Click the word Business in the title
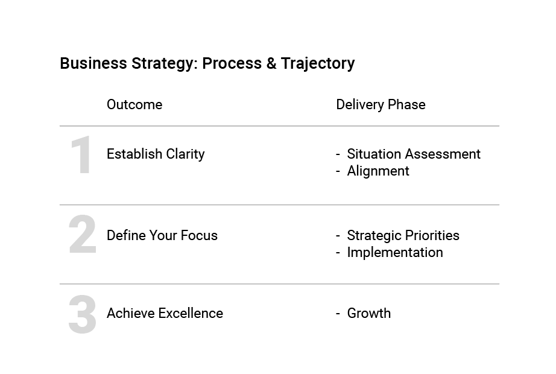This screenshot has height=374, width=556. [93, 63]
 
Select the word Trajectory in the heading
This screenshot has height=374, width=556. [318, 64]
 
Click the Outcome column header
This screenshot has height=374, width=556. [134, 105]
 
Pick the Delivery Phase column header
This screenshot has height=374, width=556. [381, 105]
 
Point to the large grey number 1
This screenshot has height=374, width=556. [81, 154]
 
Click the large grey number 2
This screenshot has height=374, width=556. [82, 234]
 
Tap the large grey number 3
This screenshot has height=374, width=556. [82, 314]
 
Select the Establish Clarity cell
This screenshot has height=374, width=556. [156, 154]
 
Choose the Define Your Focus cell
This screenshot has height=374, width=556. [162, 235]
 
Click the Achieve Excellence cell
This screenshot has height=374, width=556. [165, 313]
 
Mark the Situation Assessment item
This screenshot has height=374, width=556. [414, 154]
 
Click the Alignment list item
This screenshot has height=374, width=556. [378, 171]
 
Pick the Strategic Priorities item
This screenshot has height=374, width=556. [403, 235]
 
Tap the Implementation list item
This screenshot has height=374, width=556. [395, 252]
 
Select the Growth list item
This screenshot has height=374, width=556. [369, 313]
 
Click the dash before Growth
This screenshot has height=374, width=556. [338, 314]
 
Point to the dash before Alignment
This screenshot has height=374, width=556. [338, 171]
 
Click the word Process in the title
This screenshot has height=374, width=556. [232, 63]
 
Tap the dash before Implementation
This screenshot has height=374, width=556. [338, 253]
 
